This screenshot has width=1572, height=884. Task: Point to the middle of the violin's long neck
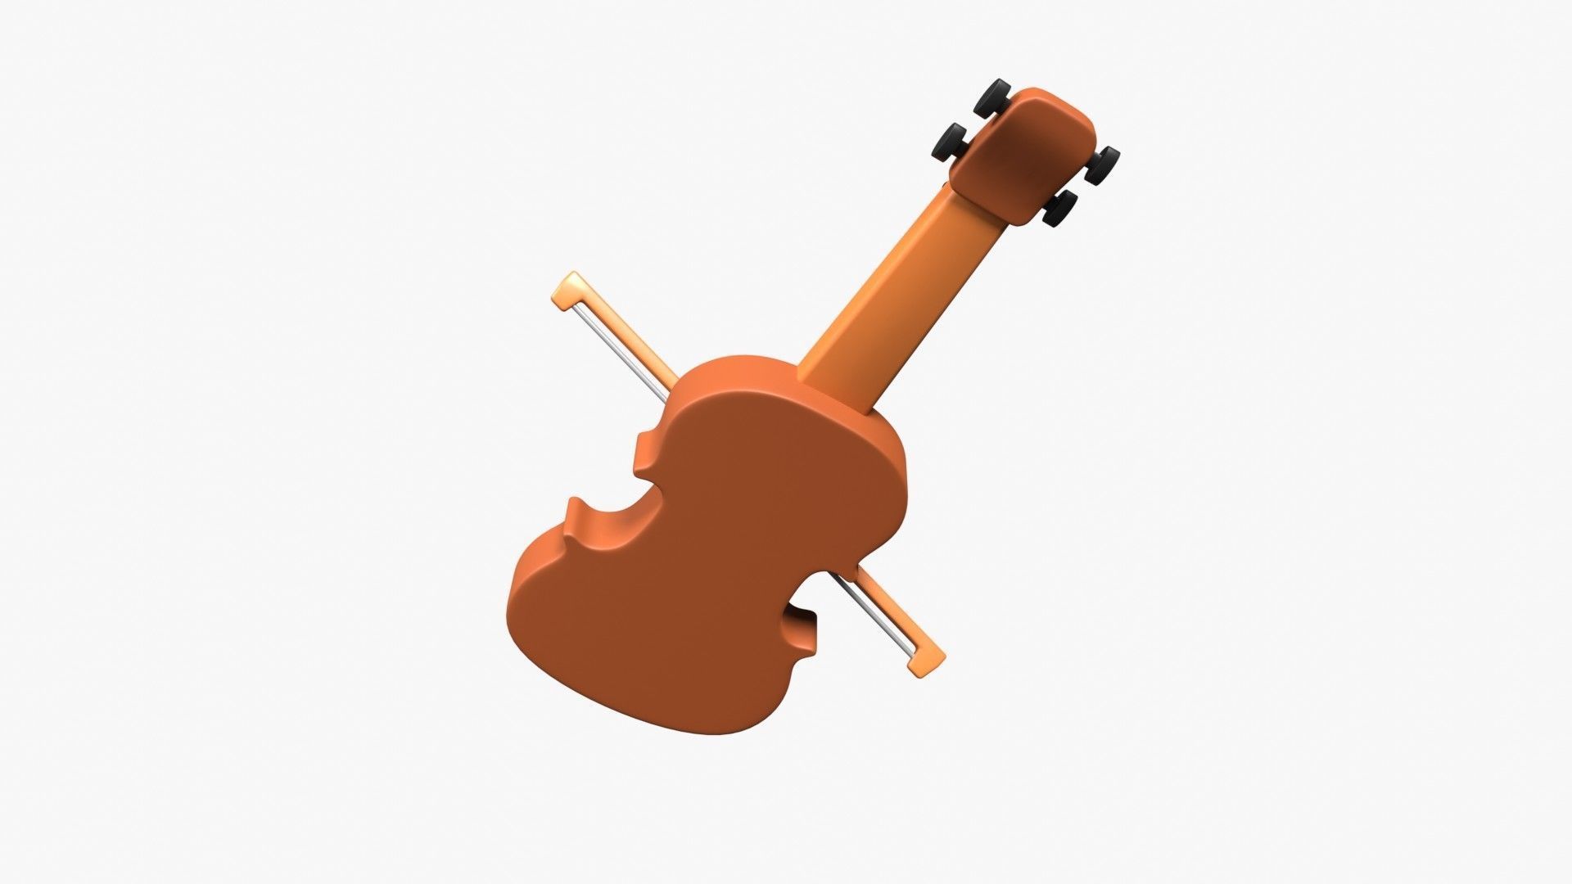pyautogui.click(x=901, y=295)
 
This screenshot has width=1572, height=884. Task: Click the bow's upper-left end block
pyautogui.click(x=568, y=291)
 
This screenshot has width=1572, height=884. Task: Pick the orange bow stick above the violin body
pyautogui.click(x=635, y=336)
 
